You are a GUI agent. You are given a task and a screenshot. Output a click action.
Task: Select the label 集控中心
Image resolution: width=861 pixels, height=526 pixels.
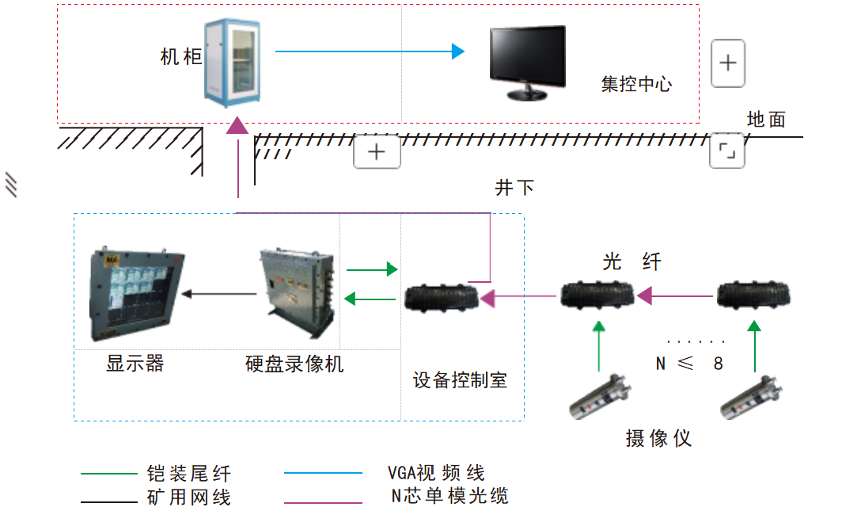636,84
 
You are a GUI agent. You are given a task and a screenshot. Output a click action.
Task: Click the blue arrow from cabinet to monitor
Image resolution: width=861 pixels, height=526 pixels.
369,51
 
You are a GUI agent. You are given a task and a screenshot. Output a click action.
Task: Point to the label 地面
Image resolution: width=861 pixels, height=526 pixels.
766,120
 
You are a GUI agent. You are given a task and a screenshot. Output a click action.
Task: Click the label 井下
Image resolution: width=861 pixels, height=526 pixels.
514,188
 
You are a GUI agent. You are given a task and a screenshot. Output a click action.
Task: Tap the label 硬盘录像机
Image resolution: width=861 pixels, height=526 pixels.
294,364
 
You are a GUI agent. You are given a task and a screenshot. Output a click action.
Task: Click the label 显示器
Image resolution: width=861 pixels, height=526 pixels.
135,364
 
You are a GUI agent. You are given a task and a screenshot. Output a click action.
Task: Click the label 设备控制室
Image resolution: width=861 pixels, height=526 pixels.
460,380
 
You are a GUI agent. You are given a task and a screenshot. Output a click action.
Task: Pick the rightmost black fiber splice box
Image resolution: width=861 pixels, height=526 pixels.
757,297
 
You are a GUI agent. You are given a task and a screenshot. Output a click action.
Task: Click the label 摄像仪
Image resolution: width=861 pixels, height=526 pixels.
658,438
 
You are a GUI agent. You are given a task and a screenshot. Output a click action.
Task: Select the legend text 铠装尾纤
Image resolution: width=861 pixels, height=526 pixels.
189,474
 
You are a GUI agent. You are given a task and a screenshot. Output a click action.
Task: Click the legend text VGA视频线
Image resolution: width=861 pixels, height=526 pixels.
436,474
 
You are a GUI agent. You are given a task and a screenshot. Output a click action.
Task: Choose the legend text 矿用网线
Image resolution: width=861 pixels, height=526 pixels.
189,498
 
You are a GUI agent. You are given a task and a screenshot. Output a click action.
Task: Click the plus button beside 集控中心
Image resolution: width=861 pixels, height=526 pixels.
728,63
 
